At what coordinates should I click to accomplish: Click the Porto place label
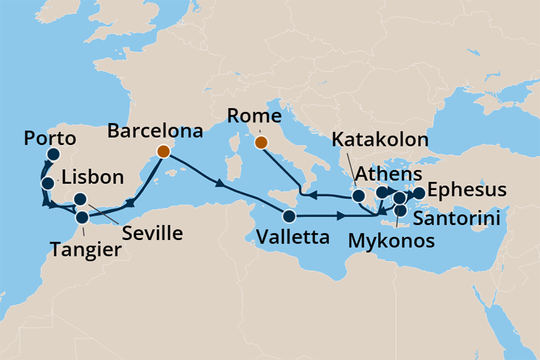click(49, 138)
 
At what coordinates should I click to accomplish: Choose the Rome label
click(254, 116)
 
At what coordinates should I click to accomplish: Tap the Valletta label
click(292, 237)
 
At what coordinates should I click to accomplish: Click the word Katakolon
click(380, 139)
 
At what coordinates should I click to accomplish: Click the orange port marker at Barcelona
click(163, 151)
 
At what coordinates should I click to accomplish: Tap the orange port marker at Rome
click(260, 143)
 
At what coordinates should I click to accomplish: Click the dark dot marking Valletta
click(289, 217)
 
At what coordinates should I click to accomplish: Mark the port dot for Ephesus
click(419, 193)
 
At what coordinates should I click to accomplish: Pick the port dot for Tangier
click(82, 218)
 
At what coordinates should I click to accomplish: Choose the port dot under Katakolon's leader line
click(358, 195)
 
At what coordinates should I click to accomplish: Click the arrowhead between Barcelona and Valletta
click(219, 185)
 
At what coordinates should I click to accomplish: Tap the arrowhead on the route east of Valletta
click(340, 217)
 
